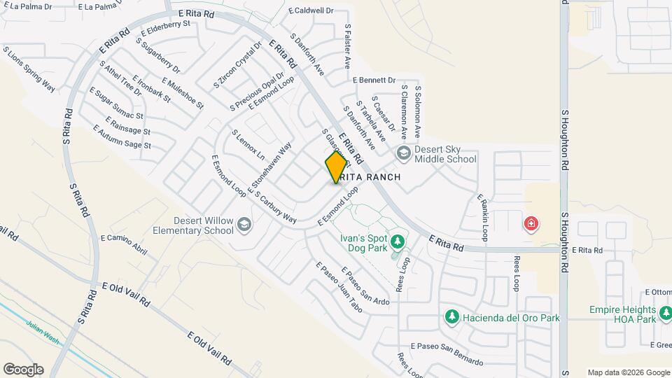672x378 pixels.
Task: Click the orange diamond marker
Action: [x=336, y=168]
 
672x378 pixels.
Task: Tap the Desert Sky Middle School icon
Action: [x=403, y=153]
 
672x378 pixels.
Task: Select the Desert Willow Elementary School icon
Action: [x=244, y=225]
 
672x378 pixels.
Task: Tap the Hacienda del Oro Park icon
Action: [x=452, y=317]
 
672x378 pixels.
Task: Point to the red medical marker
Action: [x=532, y=224]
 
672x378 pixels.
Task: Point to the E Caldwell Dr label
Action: [x=311, y=11]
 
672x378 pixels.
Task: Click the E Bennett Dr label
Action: [x=374, y=80]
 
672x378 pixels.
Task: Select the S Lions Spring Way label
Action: [x=29, y=69]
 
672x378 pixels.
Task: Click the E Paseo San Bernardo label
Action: [x=447, y=353]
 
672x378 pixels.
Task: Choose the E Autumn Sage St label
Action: [x=122, y=137]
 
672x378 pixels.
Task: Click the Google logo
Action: [x=23, y=370]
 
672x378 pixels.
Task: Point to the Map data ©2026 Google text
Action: [x=628, y=372]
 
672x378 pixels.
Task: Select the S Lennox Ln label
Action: [x=248, y=143]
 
